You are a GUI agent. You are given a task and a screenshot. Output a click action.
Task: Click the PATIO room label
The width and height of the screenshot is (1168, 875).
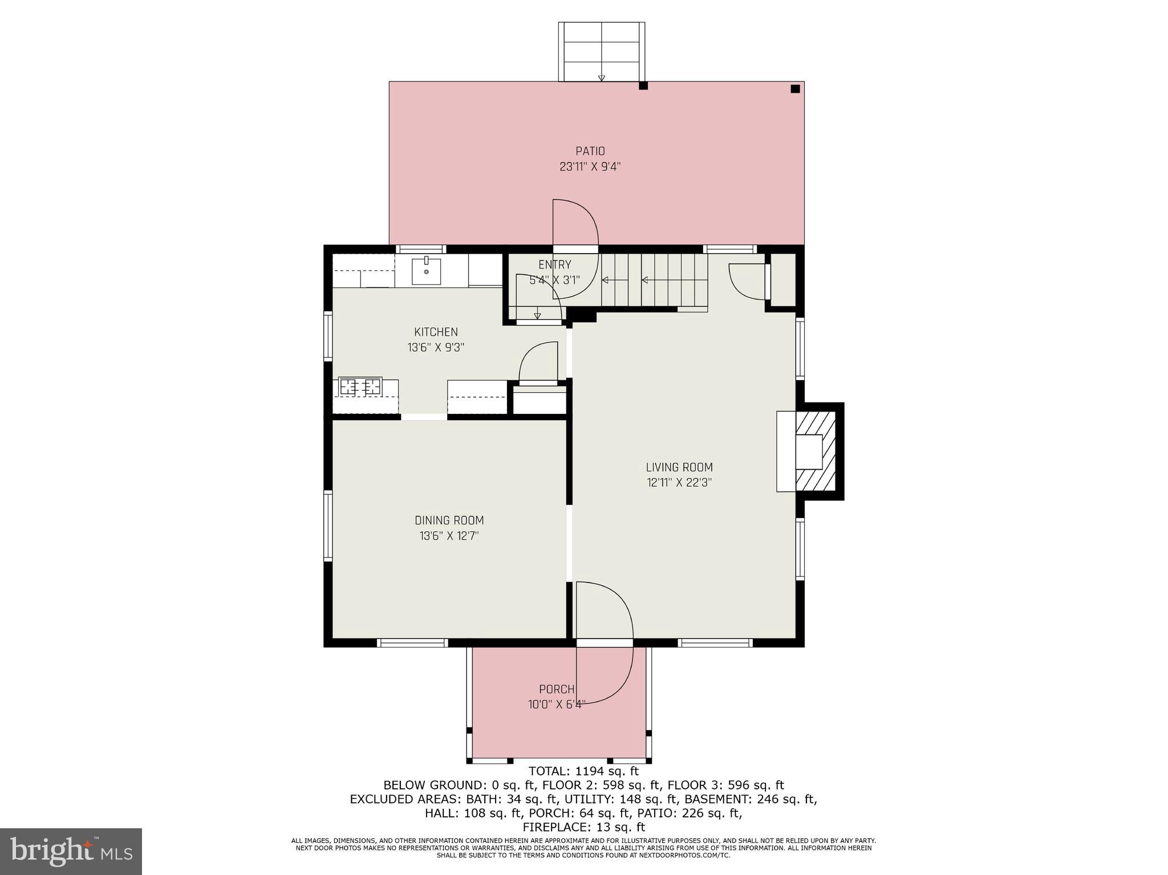[x=590, y=151]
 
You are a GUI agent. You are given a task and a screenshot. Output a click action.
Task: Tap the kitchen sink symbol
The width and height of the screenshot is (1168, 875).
[x=426, y=271]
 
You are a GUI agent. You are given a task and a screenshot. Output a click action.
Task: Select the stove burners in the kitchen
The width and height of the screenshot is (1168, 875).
[x=360, y=386]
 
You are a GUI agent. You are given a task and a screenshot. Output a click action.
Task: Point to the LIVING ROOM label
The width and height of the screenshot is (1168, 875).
[x=679, y=467]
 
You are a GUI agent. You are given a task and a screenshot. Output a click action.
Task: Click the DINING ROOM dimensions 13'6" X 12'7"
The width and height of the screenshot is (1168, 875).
[x=449, y=536]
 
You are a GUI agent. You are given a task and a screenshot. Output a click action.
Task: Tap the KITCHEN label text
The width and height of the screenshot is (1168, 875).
[x=436, y=332]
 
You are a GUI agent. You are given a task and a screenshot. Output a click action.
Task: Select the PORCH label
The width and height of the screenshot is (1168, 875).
[x=557, y=689]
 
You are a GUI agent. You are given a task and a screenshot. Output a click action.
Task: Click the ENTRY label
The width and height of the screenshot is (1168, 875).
[x=554, y=264]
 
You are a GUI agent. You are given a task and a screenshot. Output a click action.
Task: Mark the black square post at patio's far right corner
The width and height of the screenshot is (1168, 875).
[x=795, y=89]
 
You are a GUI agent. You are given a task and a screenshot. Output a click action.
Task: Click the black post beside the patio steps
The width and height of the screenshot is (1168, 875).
[x=643, y=86]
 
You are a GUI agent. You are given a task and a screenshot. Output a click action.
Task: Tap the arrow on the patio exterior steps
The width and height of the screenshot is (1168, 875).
[x=601, y=78]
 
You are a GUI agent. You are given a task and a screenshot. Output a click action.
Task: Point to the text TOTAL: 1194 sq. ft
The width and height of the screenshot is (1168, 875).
[x=583, y=771]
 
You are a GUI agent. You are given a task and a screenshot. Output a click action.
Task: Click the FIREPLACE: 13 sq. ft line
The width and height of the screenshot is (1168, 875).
[x=583, y=827]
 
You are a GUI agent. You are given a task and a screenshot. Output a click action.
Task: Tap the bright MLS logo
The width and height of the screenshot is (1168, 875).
[x=71, y=851]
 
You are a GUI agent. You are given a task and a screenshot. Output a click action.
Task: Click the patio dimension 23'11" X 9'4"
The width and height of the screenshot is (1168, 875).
[x=590, y=167]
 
